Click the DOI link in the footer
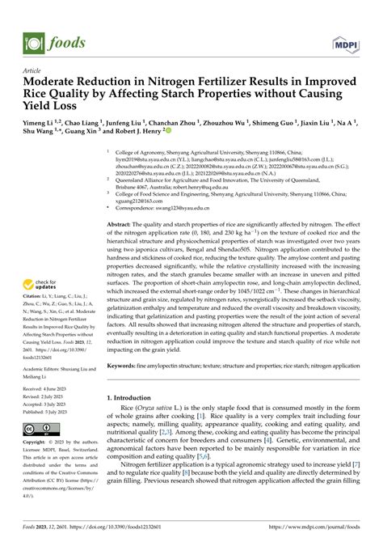pos(128,531)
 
